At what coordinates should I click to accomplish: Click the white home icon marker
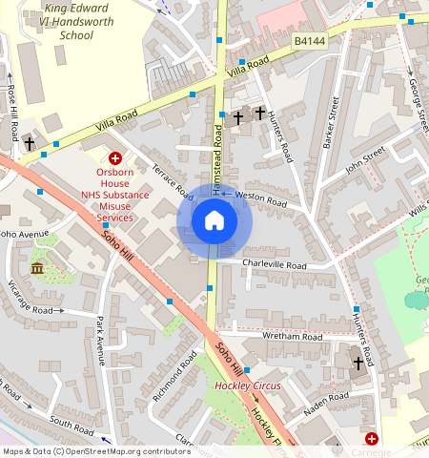click(x=214, y=221)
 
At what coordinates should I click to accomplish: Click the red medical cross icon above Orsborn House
click(x=115, y=158)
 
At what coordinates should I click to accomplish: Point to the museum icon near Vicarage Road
click(x=37, y=268)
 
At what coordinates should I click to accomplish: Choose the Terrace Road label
click(x=173, y=180)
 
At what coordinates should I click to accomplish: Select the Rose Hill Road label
click(x=12, y=114)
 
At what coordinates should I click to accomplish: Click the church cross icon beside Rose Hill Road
click(x=30, y=144)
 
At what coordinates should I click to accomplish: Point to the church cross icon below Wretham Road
click(x=358, y=364)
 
